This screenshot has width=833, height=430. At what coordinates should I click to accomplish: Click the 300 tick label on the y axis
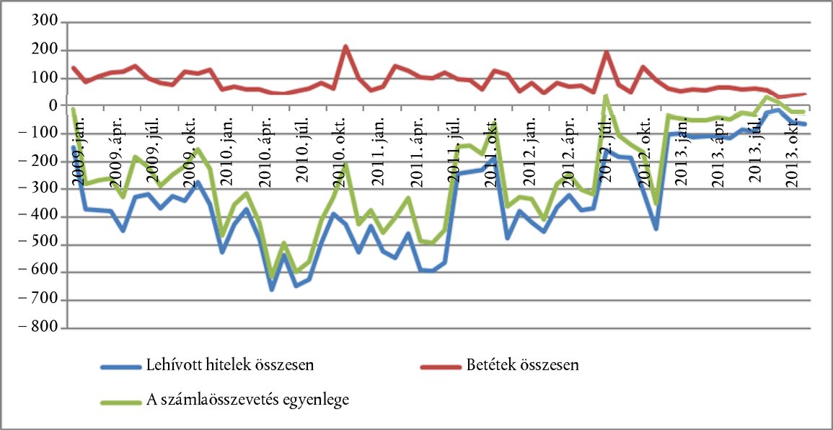(45, 22)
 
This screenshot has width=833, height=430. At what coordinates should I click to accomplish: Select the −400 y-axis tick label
(40, 217)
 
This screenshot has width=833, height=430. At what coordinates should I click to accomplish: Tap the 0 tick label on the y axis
(52, 106)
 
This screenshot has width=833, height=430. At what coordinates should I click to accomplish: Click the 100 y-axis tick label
(45, 78)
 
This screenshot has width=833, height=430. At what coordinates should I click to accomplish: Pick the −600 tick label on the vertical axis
(40, 273)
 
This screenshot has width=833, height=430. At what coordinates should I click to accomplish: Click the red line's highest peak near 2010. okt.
(346, 47)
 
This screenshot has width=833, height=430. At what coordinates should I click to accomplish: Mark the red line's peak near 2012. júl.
(607, 52)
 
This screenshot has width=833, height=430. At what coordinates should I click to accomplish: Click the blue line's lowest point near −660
(272, 289)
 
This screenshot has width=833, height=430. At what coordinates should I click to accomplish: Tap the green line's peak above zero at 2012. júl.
(606, 96)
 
